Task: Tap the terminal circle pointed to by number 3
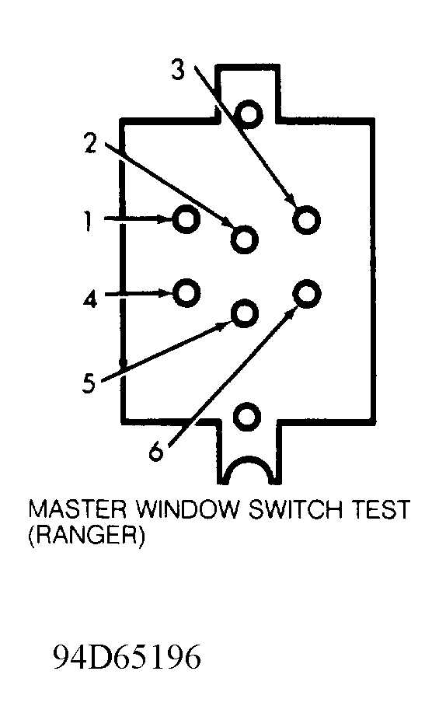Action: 294,220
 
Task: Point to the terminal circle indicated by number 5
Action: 232,313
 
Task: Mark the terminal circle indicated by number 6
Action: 294,293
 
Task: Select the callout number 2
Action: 90,143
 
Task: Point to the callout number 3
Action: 177,70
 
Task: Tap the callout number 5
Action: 89,383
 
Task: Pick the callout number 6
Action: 156,449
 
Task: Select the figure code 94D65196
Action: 127,656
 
